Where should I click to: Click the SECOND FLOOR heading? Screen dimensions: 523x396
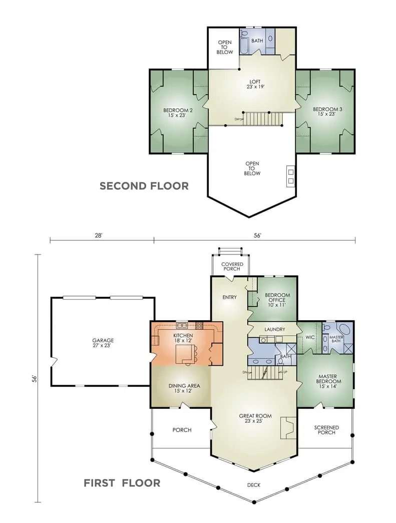click(144, 186)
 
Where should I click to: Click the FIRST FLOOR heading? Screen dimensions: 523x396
click(122, 483)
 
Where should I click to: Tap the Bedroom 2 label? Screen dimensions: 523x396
click(178, 112)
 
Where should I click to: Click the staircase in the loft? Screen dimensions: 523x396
click(263, 119)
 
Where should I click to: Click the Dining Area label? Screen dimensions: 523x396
click(184, 388)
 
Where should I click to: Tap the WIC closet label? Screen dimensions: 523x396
click(310, 338)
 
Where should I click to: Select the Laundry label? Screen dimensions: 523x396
click(274, 329)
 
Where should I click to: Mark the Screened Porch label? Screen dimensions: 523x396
click(326, 430)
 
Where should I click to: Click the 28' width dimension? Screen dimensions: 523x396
click(99, 235)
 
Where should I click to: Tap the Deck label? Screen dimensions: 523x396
click(253, 485)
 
